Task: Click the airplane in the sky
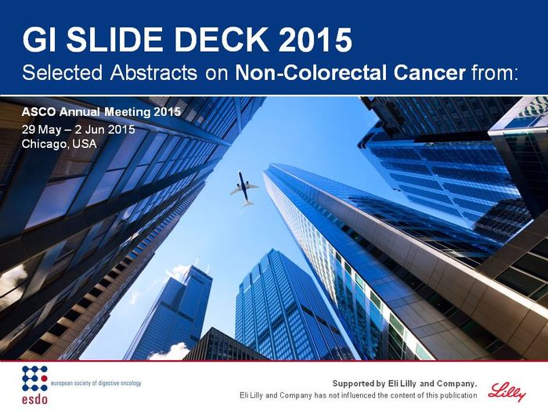coord(244,189)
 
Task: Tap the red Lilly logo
coord(507,391)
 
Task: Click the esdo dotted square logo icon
coord(34,378)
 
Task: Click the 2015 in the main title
coord(315,39)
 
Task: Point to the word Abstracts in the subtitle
coord(153,73)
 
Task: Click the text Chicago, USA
coord(59,144)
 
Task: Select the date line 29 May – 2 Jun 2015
coord(78,130)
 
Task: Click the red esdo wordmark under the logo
coord(34,398)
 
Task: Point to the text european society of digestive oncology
coord(96,383)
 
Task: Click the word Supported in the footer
coord(354,384)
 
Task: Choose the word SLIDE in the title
coord(114,39)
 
